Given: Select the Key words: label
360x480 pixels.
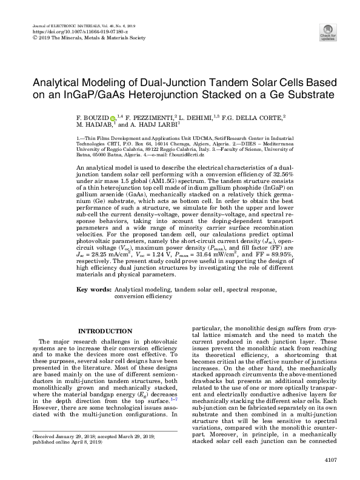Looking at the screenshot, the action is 93,290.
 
